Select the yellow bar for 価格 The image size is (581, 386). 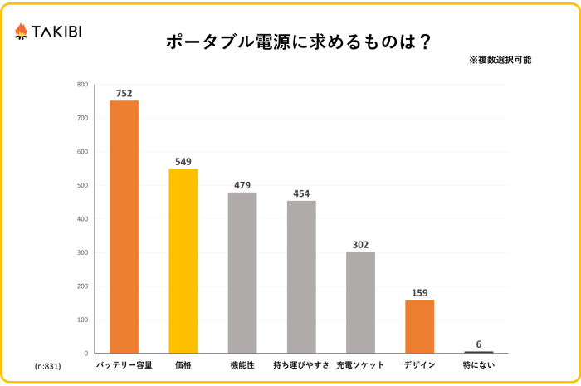(183, 261)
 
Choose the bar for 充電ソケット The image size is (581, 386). (360, 302)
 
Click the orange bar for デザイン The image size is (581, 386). (419, 326)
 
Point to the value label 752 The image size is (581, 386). (124, 93)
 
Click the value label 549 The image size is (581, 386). (183, 161)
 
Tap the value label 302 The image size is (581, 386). (360, 244)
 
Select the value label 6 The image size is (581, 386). (479, 344)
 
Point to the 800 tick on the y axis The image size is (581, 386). (82, 85)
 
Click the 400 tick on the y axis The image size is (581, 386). (82, 219)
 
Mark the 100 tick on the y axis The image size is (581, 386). (82, 320)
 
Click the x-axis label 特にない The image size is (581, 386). (479, 364)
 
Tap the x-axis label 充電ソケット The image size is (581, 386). (360, 364)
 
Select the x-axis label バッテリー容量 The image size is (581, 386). (124, 364)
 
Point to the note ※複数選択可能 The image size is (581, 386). (500, 61)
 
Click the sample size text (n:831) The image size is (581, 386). (47, 365)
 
